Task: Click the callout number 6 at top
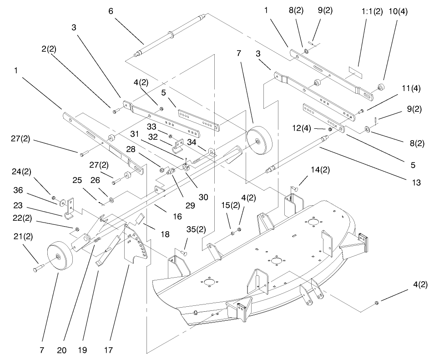[x=111, y=10]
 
